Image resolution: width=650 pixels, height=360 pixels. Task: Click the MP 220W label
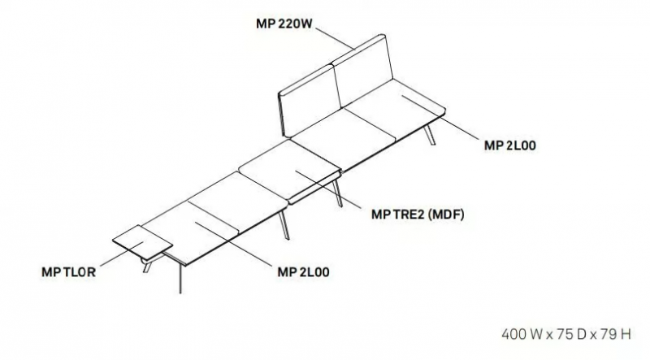tap(284, 24)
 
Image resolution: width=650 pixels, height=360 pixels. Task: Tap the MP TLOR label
tap(69, 272)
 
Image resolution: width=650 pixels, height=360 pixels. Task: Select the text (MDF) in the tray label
tap(446, 215)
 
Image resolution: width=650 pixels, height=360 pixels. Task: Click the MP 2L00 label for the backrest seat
tap(510, 145)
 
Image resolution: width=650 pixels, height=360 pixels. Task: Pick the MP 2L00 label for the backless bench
tap(303, 272)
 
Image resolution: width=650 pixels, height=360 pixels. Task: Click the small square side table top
tap(143, 243)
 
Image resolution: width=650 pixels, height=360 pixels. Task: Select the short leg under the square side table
tap(147, 266)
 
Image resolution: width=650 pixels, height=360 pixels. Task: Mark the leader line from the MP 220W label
tap(336, 38)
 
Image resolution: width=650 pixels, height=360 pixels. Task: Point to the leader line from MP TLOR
tap(122, 254)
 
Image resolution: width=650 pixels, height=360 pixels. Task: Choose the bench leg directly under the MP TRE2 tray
tap(337, 193)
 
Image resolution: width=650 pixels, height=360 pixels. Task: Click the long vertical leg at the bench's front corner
tap(180, 278)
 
